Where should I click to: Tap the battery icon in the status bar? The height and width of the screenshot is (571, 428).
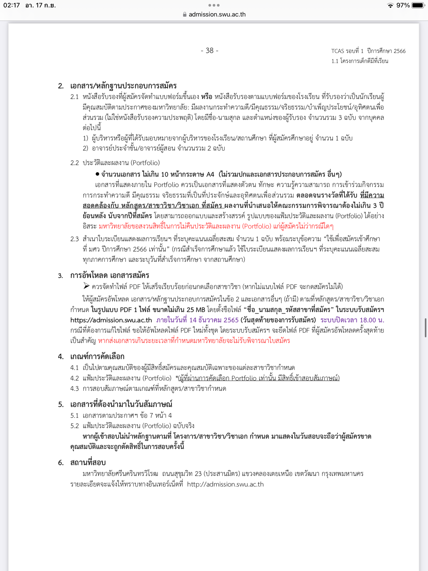pos(418,5)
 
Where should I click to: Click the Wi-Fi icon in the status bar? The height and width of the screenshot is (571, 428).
pos(390,6)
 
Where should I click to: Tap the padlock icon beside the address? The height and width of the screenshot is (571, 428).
pos(185,15)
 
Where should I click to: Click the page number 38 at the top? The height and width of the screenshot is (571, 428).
pos(210,50)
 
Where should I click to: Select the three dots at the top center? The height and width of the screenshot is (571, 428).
pos(214,5)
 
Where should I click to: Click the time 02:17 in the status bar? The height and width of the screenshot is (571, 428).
pos(12,5)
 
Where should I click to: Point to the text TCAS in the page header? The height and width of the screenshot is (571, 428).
pos(338,51)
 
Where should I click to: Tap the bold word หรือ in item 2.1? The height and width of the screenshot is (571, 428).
pos(206,97)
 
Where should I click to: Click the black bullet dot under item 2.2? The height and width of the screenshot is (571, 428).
pos(97,174)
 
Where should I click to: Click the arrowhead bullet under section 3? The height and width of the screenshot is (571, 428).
pos(86,286)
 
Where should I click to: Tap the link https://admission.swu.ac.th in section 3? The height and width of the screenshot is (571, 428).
pos(111,320)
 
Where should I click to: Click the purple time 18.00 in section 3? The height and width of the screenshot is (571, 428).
pos(367,320)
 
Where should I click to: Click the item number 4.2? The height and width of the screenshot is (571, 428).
pos(75,378)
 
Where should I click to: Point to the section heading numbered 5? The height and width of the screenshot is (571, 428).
pos(121,404)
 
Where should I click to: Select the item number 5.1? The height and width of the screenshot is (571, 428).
pos(75,416)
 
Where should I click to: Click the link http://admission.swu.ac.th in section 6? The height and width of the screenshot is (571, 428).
pos(225,484)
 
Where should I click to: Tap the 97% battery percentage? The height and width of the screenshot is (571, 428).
pos(403,5)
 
